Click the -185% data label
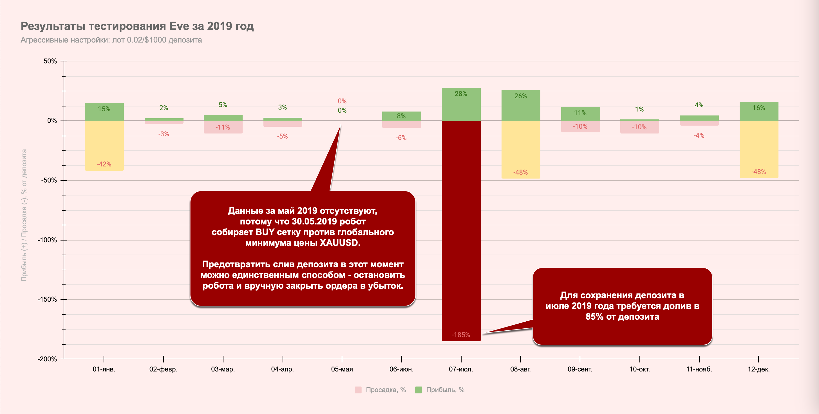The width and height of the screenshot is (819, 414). (x=461, y=335)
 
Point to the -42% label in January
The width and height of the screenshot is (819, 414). (x=104, y=164)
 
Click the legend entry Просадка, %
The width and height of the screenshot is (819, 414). (x=385, y=390)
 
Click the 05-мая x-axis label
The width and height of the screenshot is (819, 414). (x=342, y=370)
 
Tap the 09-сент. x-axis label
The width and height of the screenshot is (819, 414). (x=580, y=370)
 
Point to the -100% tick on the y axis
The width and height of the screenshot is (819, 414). (x=47, y=240)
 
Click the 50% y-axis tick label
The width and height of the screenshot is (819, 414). (x=50, y=61)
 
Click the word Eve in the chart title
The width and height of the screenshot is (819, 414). (x=179, y=26)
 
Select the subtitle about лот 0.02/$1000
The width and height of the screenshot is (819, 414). (x=111, y=40)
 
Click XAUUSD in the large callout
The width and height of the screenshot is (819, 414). (x=339, y=243)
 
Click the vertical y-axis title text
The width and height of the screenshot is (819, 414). (x=24, y=215)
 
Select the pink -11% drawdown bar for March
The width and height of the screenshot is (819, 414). (x=223, y=127)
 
